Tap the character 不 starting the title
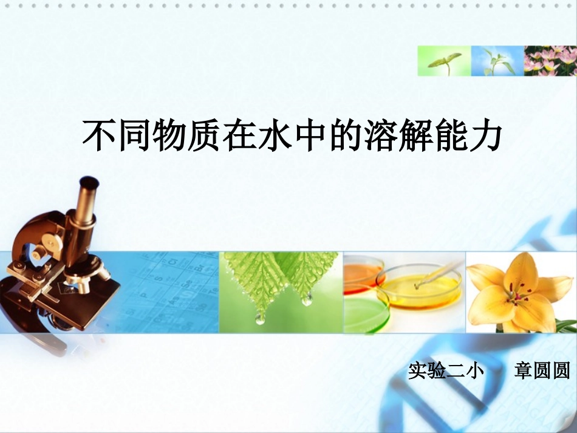[x=98, y=135]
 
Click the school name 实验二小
[x=446, y=370]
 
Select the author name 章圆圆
[x=542, y=370]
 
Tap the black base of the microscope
[x=85, y=304]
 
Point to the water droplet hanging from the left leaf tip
[x=260, y=318]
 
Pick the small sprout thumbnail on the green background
[x=443, y=61]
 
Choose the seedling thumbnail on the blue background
[x=497, y=61]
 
